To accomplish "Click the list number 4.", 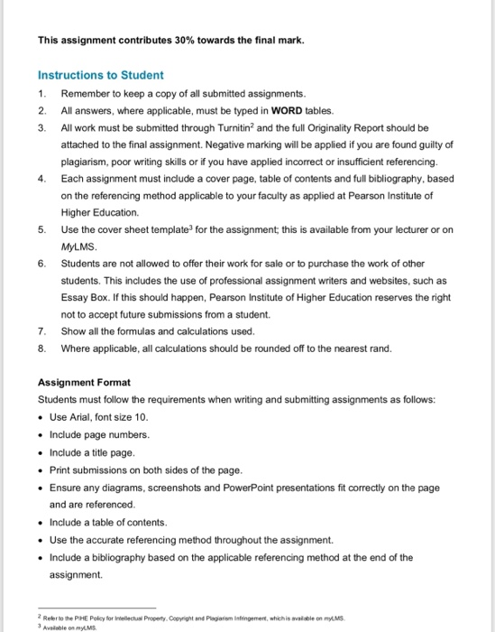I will point(41,179).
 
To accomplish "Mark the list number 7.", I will point(41,331).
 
